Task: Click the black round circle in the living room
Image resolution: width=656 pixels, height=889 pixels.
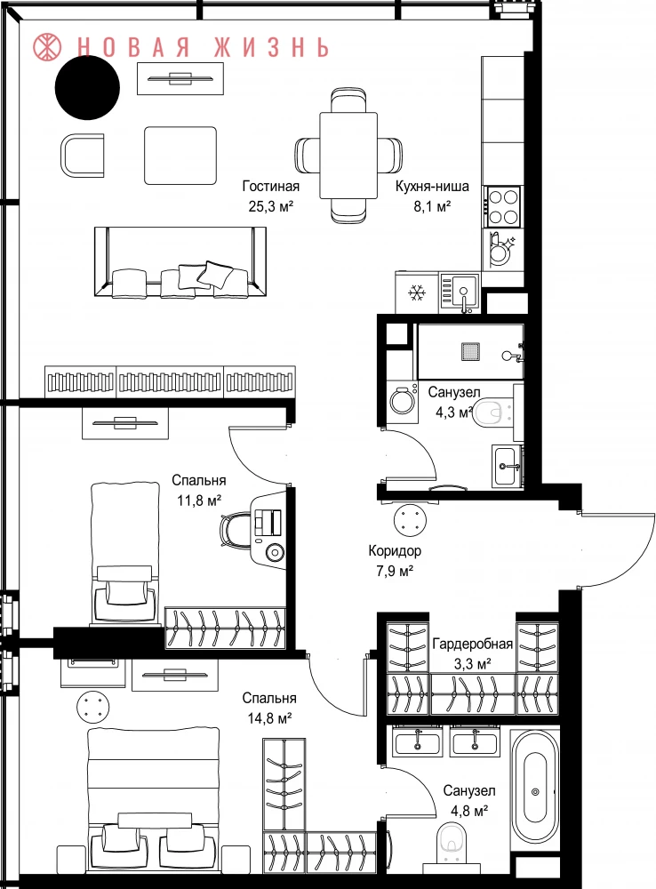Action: (x=87, y=87)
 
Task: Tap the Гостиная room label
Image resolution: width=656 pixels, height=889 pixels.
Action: (x=271, y=186)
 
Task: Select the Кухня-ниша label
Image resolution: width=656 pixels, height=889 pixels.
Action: (x=432, y=187)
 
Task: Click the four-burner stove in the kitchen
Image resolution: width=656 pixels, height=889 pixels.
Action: (x=503, y=206)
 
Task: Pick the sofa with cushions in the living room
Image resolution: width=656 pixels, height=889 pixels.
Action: (x=180, y=261)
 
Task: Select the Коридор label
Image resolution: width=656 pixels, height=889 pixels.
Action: (x=395, y=550)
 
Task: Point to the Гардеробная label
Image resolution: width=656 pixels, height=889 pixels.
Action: (x=472, y=644)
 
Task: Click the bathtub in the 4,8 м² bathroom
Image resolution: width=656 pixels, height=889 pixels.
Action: (x=534, y=789)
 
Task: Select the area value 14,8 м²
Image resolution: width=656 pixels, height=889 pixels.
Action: (x=269, y=719)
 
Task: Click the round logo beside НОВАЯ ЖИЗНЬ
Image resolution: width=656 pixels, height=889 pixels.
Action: (x=48, y=46)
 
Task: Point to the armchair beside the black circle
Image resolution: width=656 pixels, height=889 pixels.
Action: (x=82, y=155)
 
